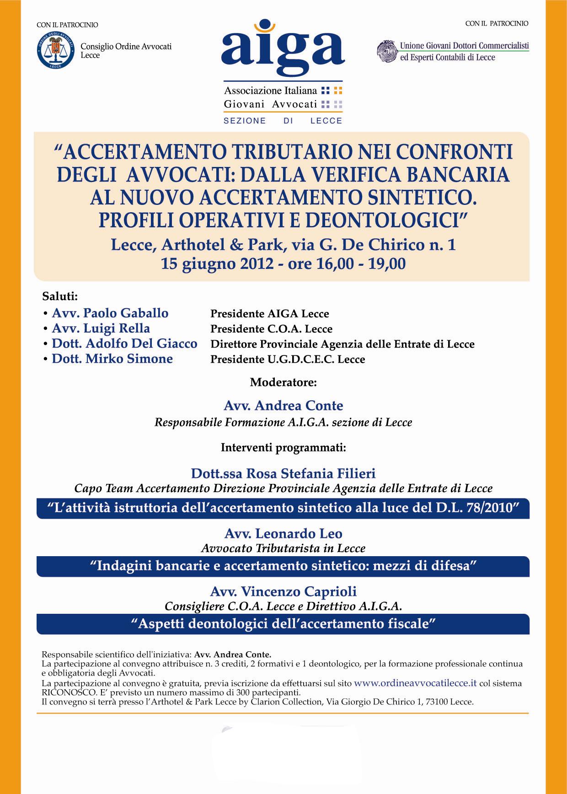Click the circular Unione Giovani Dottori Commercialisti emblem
(386, 51)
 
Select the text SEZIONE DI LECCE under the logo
(283, 121)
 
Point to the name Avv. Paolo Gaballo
(110, 313)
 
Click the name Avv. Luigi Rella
(101, 328)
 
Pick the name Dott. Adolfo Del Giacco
(124, 343)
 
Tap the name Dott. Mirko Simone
(112, 359)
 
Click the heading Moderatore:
(283, 382)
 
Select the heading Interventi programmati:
(283, 447)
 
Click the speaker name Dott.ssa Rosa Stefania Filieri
(283, 473)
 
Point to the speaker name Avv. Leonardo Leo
(283, 534)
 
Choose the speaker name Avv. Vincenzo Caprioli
(283, 591)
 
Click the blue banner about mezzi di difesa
(283, 566)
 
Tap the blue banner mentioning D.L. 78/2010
(283, 508)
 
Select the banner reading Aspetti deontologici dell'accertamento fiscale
(283, 623)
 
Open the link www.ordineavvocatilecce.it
(415, 683)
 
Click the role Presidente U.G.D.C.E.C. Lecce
(288, 359)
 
